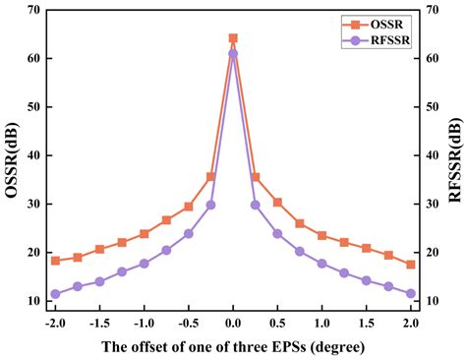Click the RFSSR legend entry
point(374,39)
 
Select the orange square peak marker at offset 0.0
point(233,38)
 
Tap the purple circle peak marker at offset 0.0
point(233,54)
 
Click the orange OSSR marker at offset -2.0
point(55,261)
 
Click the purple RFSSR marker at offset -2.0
point(55,294)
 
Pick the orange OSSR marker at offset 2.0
point(411,265)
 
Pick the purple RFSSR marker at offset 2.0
point(411,294)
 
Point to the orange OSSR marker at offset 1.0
point(321,235)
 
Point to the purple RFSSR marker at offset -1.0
point(145,264)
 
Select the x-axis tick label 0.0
point(233,322)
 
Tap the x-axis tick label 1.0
point(321,322)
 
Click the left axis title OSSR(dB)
point(11,155)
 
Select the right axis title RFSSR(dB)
point(456,155)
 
